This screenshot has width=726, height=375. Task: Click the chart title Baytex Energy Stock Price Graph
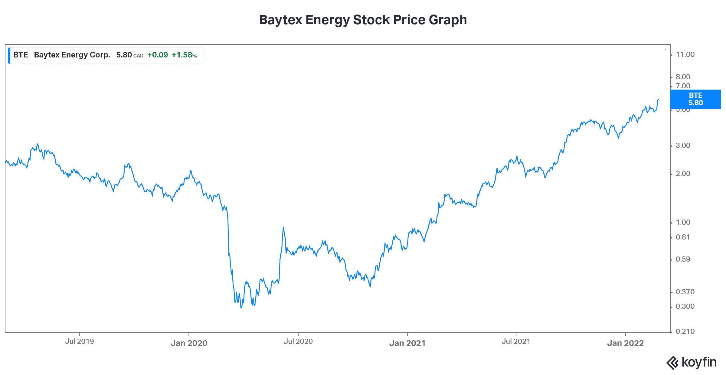[363, 20]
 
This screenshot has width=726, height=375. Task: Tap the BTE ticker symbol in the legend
[21, 55]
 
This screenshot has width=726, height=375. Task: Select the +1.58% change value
[184, 55]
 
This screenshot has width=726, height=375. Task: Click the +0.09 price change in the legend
[158, 55]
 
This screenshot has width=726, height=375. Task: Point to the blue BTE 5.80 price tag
[695, 99]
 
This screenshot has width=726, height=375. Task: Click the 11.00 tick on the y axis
[685, 54]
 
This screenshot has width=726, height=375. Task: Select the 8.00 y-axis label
[683, 77]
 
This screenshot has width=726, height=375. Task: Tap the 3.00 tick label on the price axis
[683, 145]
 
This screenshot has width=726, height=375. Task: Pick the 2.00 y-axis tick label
[683, 174]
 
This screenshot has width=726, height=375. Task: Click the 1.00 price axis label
[683, 222]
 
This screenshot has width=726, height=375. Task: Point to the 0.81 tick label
[683, 237]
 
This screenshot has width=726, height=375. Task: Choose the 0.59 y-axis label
[683, 259]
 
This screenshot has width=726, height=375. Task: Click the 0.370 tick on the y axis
[685, 292]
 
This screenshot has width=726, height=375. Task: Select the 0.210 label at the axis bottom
[685, 331]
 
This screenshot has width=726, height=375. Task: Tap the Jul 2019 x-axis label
[79, 341]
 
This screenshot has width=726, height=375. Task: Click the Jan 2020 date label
[189, 343]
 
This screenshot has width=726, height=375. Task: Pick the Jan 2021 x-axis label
[407, 343]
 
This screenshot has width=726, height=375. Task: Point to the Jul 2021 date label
[516, 341]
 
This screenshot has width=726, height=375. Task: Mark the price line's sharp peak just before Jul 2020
[283, 227]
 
